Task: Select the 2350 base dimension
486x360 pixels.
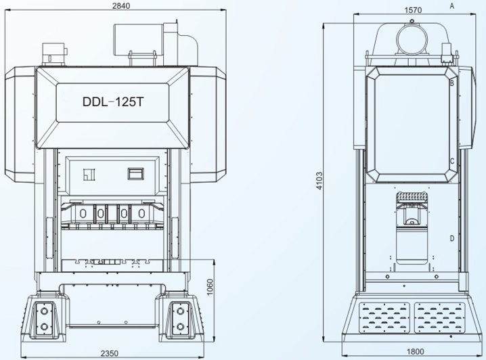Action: [x=111, y=353]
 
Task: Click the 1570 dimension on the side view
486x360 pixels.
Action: [x=412, y=10]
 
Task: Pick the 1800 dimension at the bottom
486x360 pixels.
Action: [x=416, y=351]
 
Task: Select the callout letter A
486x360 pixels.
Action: [x=451, y=5]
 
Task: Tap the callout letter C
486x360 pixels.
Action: [x=451, y=161]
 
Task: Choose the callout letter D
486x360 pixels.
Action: [x=451, y=238]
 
